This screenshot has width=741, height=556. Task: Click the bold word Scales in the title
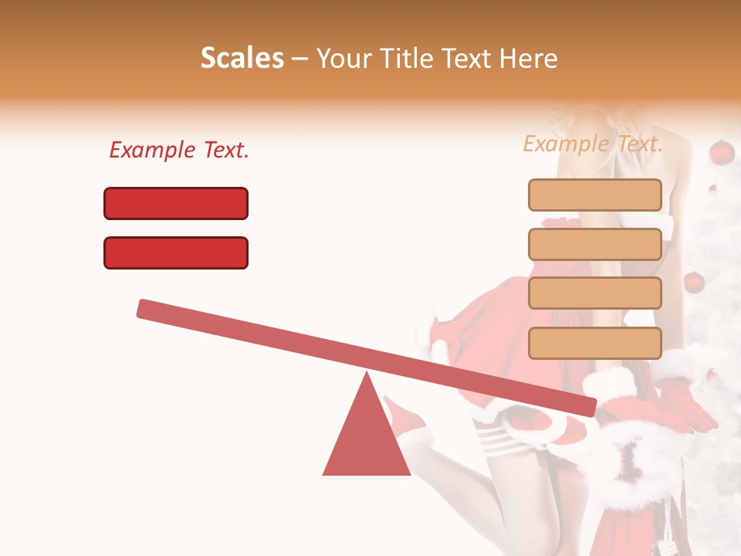pyautogui.click(x=242, y=59)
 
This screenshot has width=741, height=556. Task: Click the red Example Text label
pyautogui.click(x=179, y=150)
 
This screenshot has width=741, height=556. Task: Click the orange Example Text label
pyautogui.click(x=593, y=144)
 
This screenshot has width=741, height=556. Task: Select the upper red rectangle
pyautogui.click(x=176, y=203)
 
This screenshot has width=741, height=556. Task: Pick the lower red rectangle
pyautogui.click(x=176, y=253)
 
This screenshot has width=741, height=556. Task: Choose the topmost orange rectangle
pyautogui.click(x=594, y=195)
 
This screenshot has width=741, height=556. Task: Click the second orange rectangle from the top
pyautogui.click(x=594, y=244)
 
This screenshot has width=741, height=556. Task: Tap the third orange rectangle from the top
pyautogui.click(x=594, y=293)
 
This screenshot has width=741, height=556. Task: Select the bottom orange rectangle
pyautogui.click(x=594, y=343)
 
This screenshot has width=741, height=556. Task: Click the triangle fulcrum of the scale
pyautogui.click(x=367, y=436)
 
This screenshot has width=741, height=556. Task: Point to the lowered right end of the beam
pyautogui.click(x=587, y=407)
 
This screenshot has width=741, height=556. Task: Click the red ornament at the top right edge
pyautogui.click(x=721, y=152)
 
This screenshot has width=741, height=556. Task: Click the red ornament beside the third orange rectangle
pyautogui.click(x=694, y=282)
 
